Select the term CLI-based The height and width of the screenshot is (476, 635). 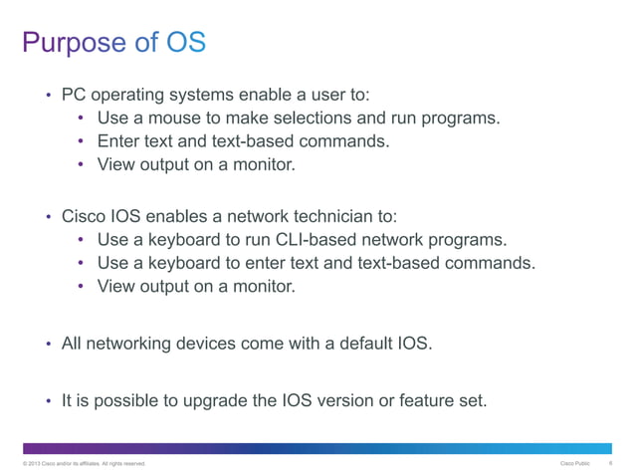pyautogui.click(x=295, y=240)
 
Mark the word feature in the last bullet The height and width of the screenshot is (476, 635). pyautogui.click(x=433, y=401)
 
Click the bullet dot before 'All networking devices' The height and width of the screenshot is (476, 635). pyautogui.click(x=48, y=345)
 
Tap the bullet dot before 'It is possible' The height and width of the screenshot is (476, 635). pyautogui.click(x=48, y=402)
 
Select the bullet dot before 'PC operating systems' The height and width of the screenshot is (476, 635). pyautogui.click(x=48, y=97)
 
